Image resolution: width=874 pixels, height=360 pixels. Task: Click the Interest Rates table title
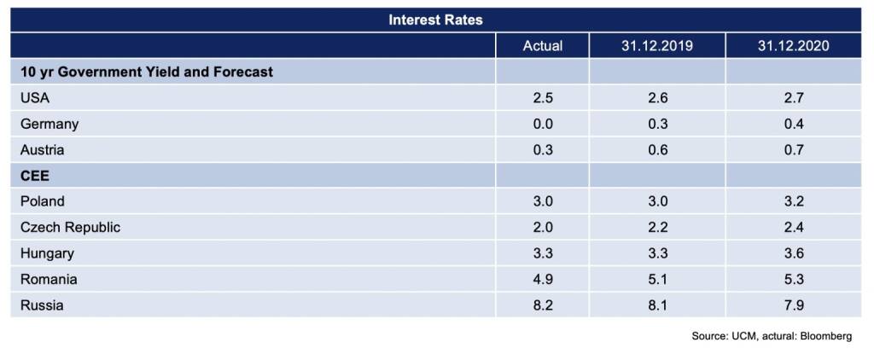click(x=435, y=20)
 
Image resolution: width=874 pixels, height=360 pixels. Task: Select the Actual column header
click(x=542, y=46)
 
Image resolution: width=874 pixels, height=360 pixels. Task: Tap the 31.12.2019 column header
click(x=657, y=46)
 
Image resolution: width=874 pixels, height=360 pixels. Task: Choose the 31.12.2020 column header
click(x=793, y=46)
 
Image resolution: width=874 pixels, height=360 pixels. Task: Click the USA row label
click(x=35, y=98)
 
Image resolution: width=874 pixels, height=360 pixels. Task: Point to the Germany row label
click(x=49, y=125)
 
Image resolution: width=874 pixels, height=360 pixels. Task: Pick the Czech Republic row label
click(x=70, y=228)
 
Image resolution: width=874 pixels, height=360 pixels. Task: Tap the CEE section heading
click(x=34, y=176)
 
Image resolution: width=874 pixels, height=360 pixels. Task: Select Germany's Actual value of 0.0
click(x=542, y=124)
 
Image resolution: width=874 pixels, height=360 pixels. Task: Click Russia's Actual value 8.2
click(x=542, y=305)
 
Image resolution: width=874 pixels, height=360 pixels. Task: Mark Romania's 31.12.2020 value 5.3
click(x=793, y=279)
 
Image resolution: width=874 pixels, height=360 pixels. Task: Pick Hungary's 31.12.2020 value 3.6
click(x=793, y=253)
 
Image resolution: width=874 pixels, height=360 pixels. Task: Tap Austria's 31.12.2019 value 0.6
click(x=657, y=150)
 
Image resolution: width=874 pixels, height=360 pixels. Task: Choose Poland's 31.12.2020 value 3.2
click(x=793, y=201)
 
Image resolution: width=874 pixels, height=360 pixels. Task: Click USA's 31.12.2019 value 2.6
click(x=657, y=98)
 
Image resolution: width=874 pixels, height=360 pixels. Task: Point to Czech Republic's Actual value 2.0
click(x=542, y=228)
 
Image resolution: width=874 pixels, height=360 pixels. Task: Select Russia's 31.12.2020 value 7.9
click(x=793, y=305)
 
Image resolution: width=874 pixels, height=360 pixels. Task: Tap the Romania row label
click(x=49, y=279)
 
